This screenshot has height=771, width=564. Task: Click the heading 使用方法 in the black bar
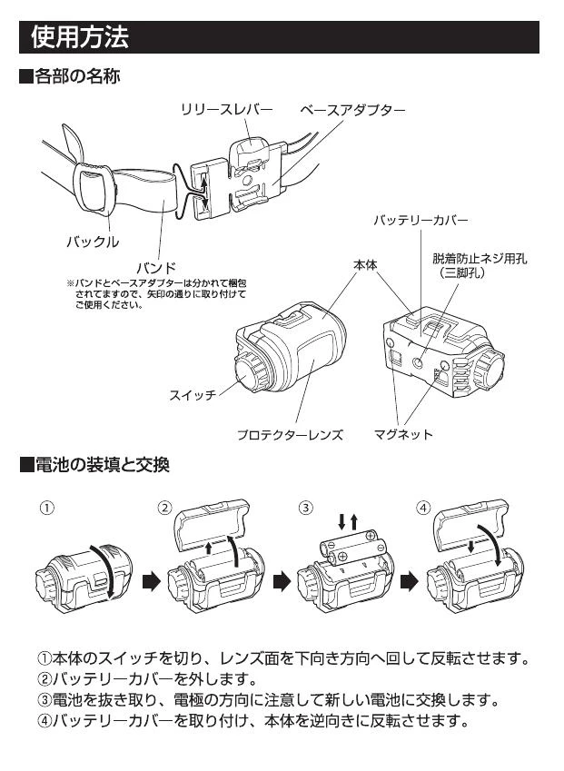[80, 37]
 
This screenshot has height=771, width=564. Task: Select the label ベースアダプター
[352, 110]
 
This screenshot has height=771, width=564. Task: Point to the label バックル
[92, 242]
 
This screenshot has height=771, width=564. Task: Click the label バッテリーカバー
[421, 221]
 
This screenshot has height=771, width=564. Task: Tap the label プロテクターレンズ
[290, 434]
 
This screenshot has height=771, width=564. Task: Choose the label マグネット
[403, 434]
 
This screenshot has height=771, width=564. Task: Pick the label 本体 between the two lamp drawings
[365, 264]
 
